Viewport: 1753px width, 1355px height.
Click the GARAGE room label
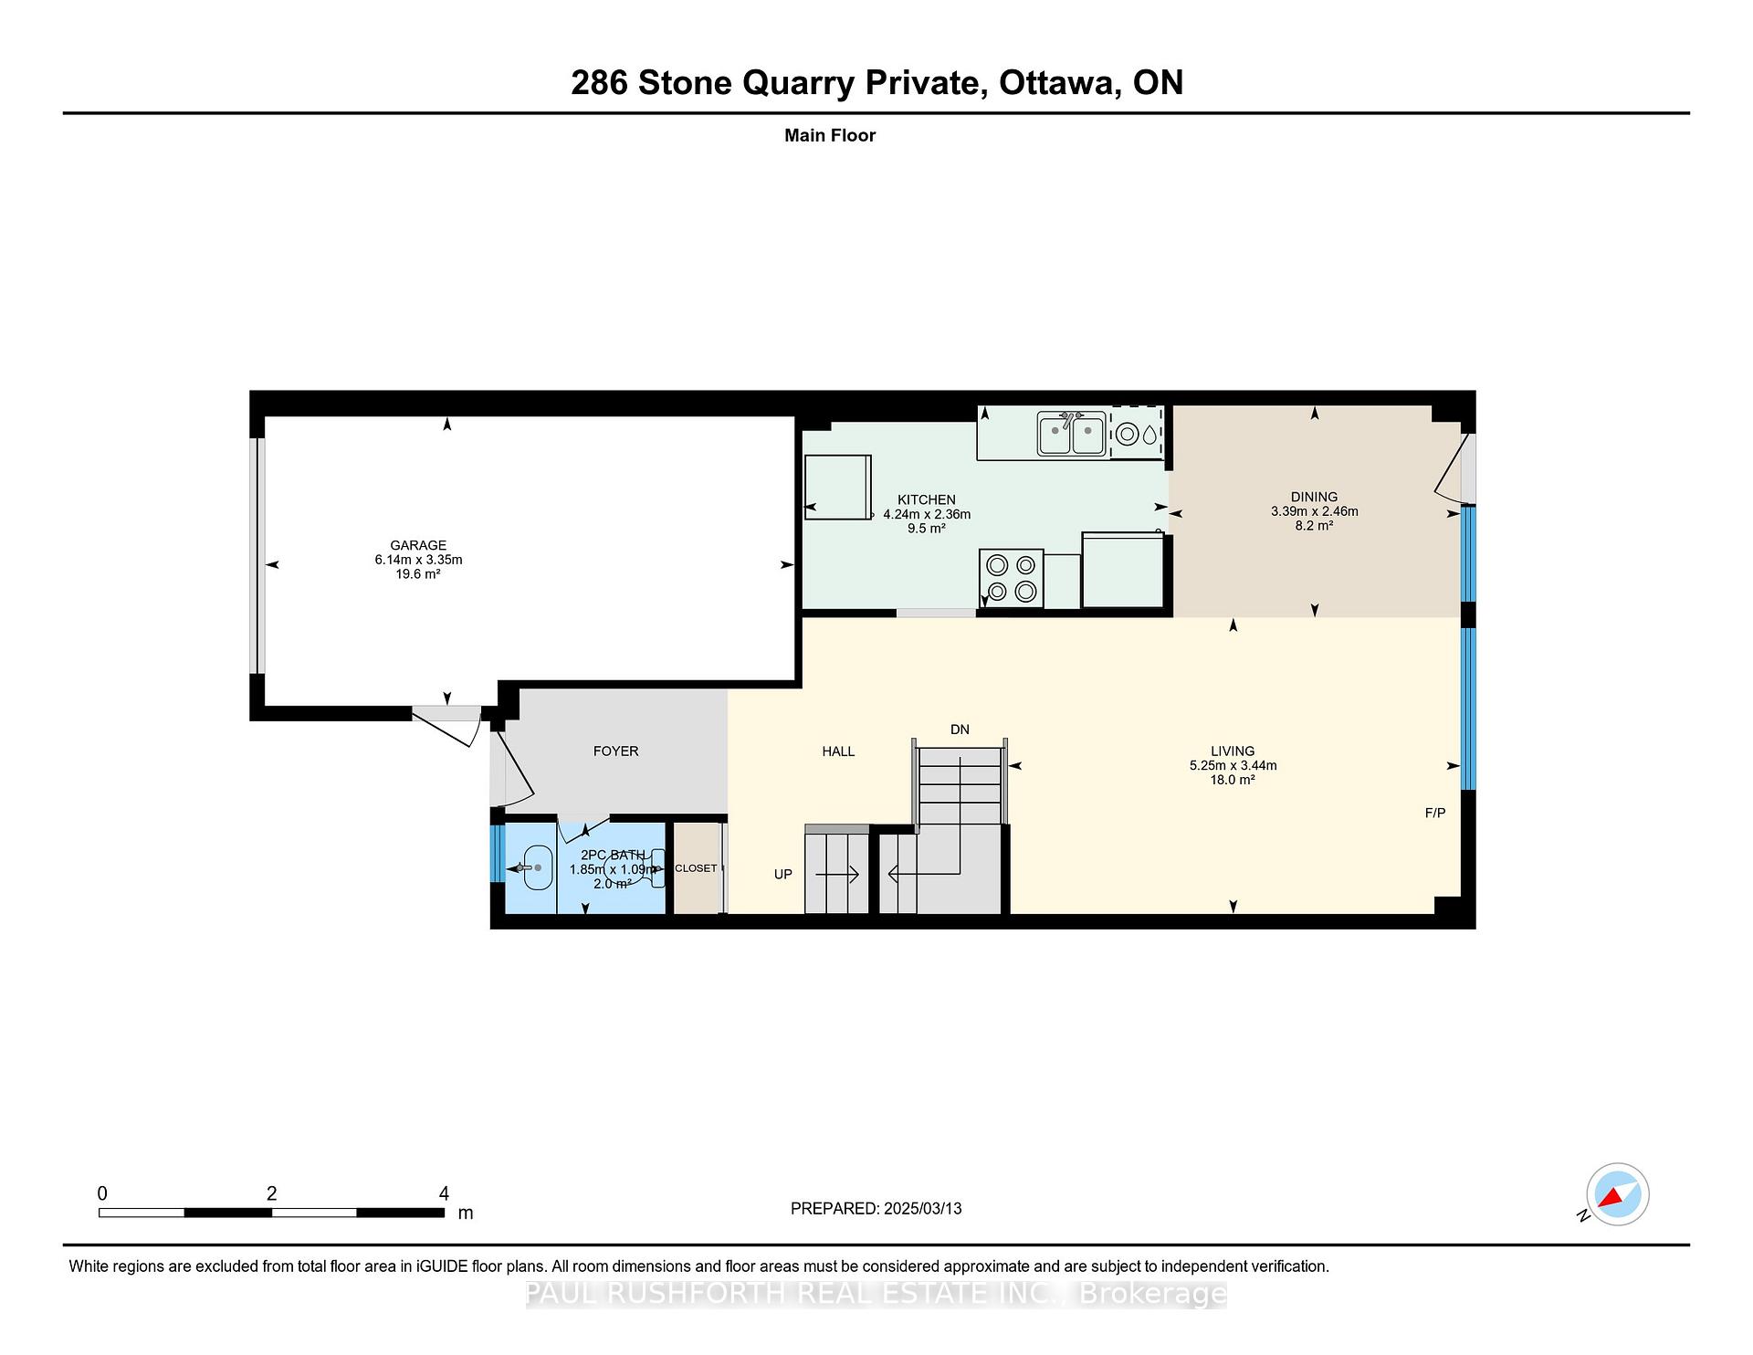coord(418,545)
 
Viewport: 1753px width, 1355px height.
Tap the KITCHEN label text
coord(927,499)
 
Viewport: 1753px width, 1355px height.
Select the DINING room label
coord(1314,497)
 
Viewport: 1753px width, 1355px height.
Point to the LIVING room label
coord(1233,751)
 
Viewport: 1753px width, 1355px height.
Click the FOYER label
coord(615,751)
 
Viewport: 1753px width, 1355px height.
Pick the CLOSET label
coord(696,867)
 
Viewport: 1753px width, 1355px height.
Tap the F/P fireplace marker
coord(1435,813)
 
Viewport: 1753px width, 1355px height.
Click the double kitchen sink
coord(1072,434)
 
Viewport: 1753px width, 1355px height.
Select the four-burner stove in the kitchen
coord(1012,578)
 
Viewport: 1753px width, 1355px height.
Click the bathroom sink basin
coord(537,867)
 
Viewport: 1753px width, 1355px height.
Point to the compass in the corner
coord(1618,1194)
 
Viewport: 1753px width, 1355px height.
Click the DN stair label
coord(960,729)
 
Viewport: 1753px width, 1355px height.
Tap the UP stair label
coord(783,874)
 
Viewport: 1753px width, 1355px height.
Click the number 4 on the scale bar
coord(444,1192)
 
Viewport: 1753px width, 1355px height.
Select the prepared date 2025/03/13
coord(923,1208)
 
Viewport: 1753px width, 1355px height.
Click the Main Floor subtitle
coord(830,135)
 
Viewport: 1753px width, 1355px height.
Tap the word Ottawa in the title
coord(1059,82)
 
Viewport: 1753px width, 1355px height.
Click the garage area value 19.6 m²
coord(418,574)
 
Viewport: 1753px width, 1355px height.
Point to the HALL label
coord(838,751)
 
